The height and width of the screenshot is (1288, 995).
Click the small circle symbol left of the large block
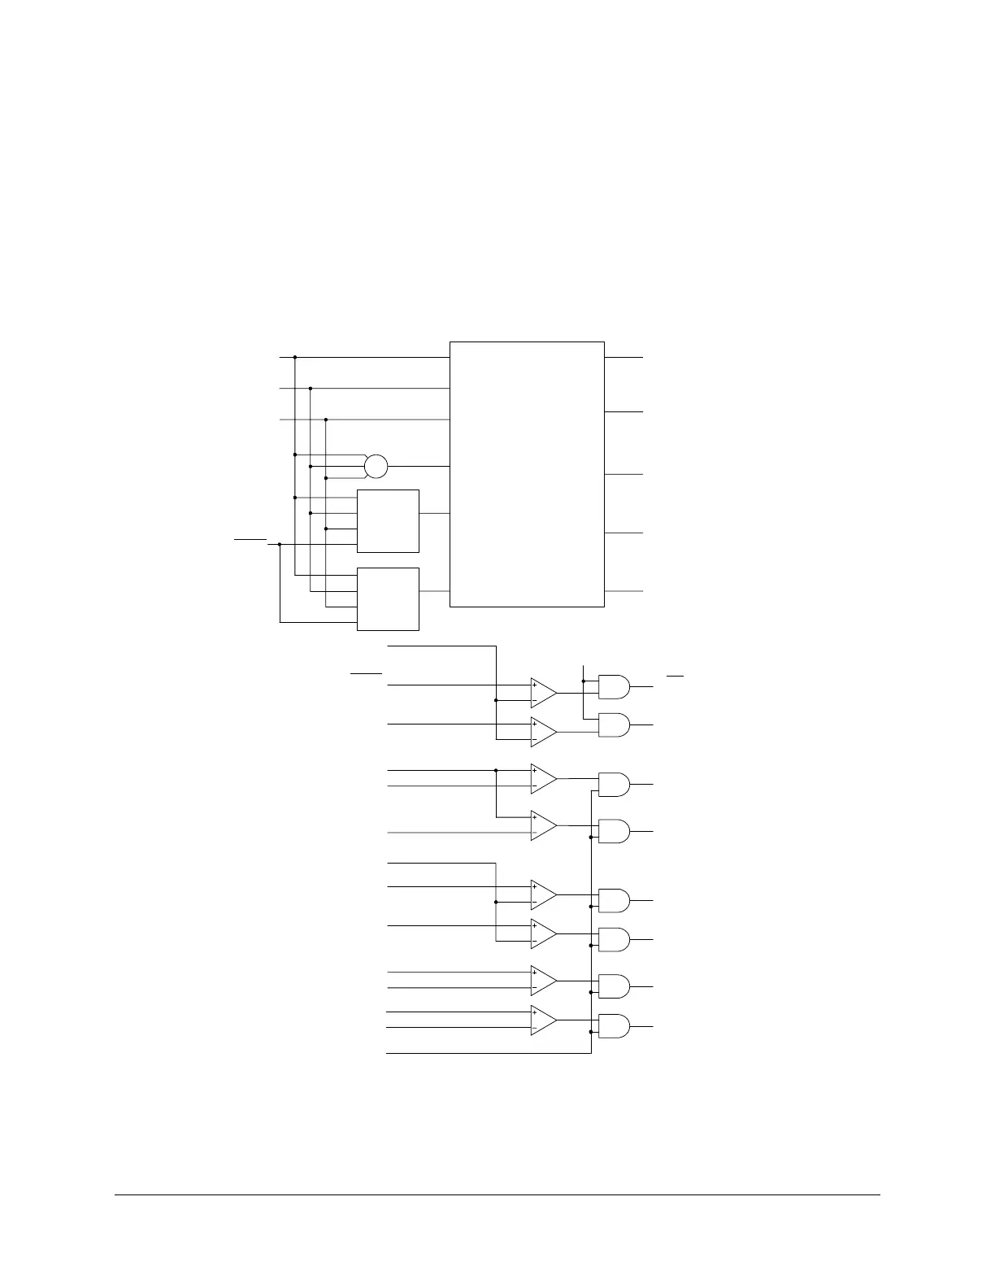[x=376, y=467]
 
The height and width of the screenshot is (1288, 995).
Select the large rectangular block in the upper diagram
[x=527, y=474]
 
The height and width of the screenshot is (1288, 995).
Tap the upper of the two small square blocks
[x=388, y=521]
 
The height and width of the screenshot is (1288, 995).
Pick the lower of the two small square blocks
[x=388, y=599]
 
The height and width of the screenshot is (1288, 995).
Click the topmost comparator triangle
[x=543, y=694]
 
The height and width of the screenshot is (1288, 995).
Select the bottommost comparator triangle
[x=543, y=1020]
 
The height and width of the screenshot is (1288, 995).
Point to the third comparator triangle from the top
[x=543, y=779]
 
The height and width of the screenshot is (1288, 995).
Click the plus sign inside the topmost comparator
[x=534, y=685]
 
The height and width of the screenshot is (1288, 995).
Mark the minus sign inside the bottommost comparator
[x=534, y=1028]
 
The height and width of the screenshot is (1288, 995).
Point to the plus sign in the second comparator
[x=534, y=724]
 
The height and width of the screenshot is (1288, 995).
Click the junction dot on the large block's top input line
[x=295, y=357]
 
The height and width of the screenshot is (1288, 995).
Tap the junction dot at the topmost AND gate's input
[x=584, y=681]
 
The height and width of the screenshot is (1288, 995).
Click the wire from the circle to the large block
[x=419, y=467]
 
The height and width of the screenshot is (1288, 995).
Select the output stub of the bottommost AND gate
[x=641, y=1027]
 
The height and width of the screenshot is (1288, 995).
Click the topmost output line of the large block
[x=624, y=357]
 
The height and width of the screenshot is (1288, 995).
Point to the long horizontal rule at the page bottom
[x=497, y=1194]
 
